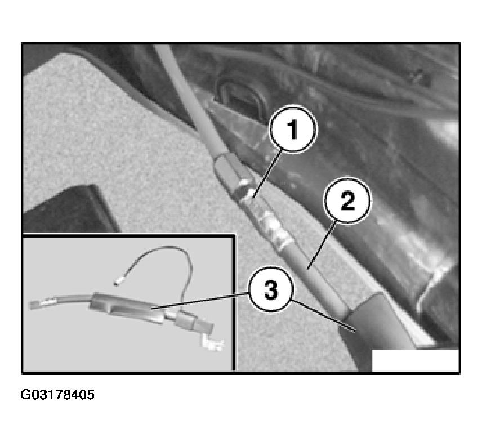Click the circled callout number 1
point(293,129)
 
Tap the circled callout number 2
point(347,201)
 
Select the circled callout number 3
point(270,290)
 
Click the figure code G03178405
point(57,395)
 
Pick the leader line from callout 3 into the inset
point(200,301)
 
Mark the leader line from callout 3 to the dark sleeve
point(323,316)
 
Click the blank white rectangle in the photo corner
point(415,360)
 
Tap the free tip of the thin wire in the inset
point(116,284)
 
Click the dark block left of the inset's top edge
point(71,209)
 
